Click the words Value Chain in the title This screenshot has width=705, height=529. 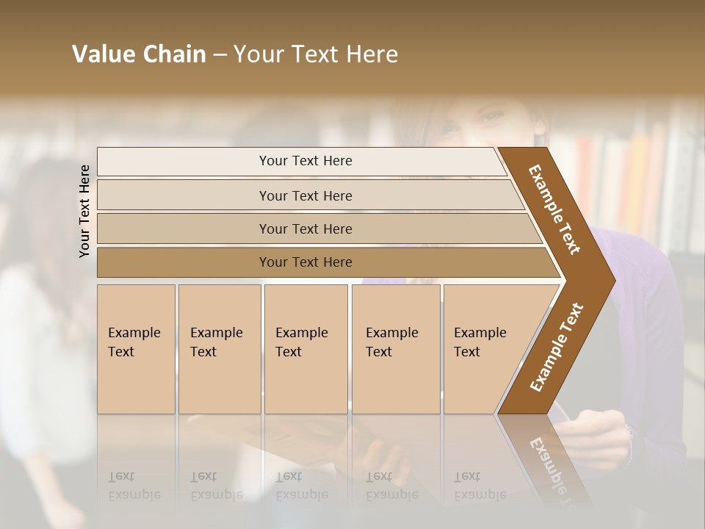139,54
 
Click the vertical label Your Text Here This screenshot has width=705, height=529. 84,211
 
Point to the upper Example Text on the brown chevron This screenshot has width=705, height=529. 554,209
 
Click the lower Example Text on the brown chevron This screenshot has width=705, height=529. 556,348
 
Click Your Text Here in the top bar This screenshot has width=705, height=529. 305,161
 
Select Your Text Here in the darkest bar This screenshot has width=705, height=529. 305,262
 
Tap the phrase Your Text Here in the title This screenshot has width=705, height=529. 316,54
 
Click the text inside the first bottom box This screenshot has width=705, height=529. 134,342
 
